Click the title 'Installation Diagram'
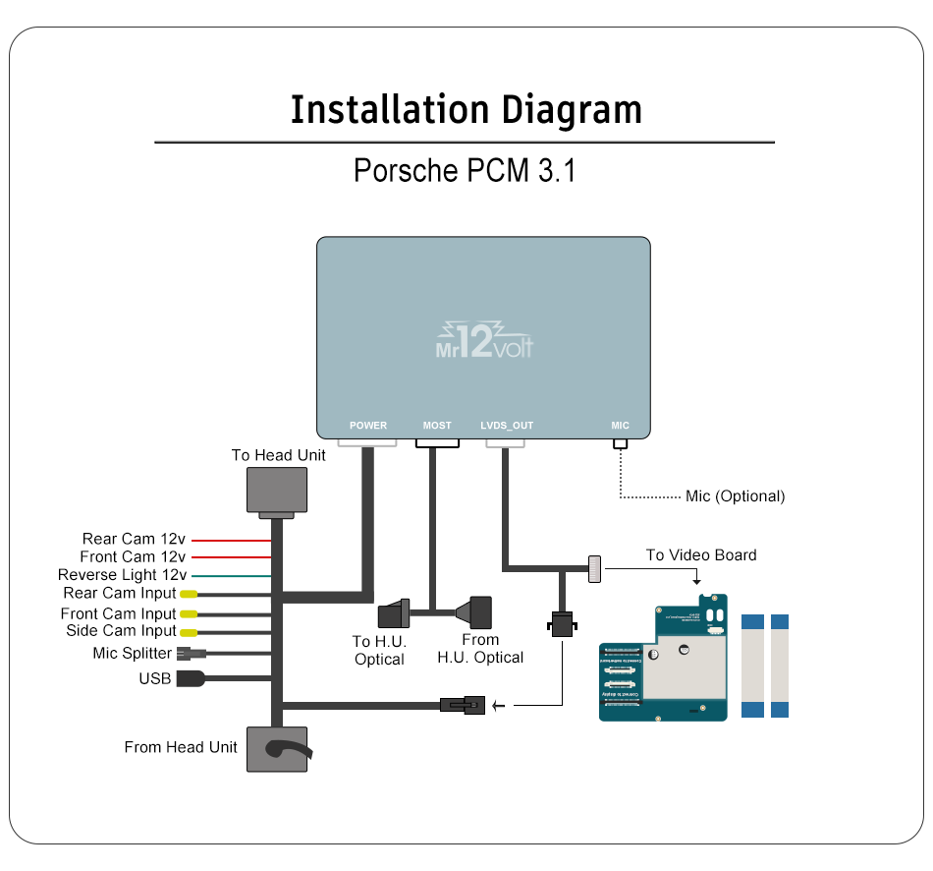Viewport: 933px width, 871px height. click(466, 109)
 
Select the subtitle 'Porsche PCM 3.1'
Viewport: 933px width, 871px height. click(465, 170)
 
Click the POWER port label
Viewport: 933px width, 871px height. click(368, 426)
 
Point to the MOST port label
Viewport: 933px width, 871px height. click(437, 426)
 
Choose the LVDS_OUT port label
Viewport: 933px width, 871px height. click(507, 426)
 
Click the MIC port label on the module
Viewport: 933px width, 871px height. click(620, 426)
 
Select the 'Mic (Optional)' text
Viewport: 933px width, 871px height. click(735, 496)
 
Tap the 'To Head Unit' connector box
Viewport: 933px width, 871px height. click(276, 490)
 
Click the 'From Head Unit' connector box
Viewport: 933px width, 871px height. click(276, 750)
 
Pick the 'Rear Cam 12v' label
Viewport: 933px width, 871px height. click(134, 539)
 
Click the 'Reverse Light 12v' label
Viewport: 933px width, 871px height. click(122, 575)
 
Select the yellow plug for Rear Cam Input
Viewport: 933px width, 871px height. click(188, 594)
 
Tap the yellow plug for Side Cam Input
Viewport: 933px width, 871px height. click(188, 632)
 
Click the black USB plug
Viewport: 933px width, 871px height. click(190, 678)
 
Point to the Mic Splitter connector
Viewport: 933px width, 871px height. click(190, 654)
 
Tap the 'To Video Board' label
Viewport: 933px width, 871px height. click(700, 555)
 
